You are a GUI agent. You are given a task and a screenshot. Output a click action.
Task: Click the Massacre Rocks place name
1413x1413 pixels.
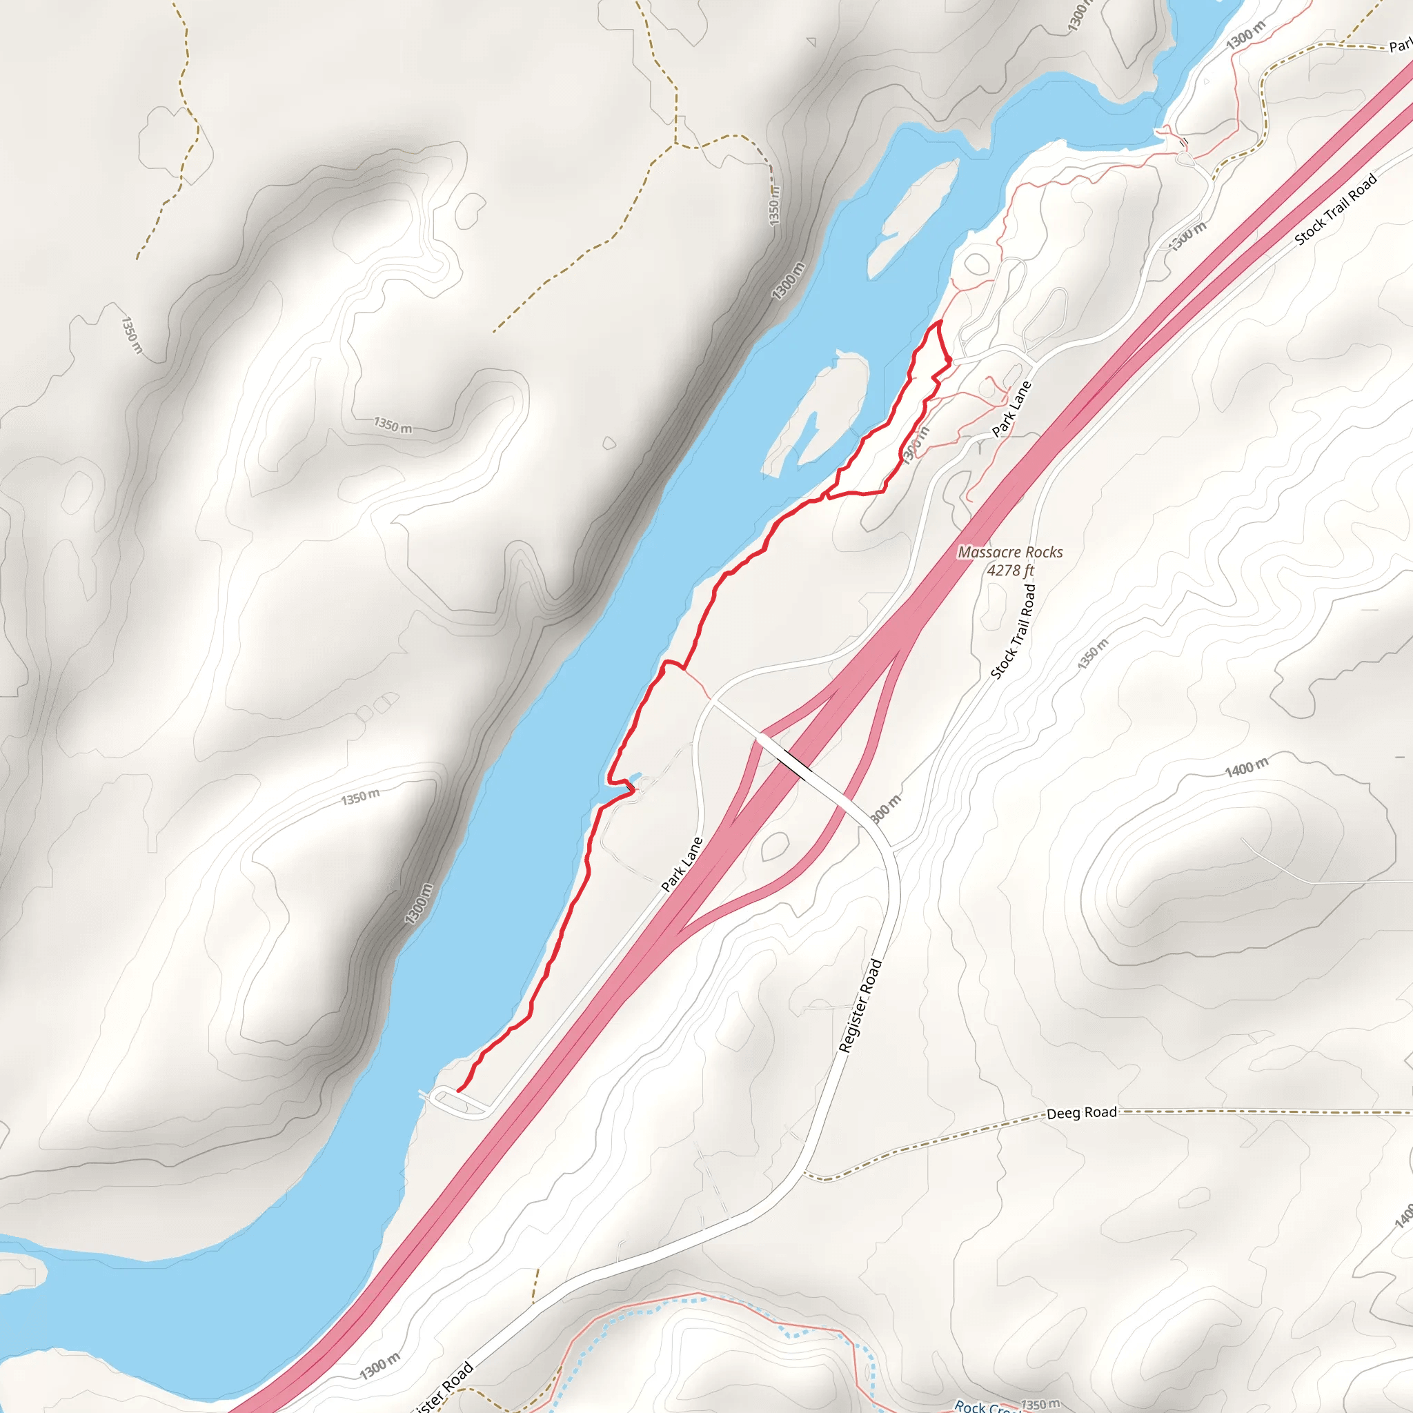pyautogui.click(x=1010, y=552)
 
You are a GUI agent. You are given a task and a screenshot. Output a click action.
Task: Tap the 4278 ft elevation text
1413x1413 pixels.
pyautogui.click(x=1010, y=571)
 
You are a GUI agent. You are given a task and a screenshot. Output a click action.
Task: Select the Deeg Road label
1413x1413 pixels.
pyautogui.click(x=1081, y=1113)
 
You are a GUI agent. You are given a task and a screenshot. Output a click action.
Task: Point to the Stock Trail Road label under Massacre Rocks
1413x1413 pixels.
pyautogui.click(x=1013, y=631)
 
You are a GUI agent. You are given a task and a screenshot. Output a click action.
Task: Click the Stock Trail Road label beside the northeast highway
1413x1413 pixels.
pyautogui.click(x=1336, y=209)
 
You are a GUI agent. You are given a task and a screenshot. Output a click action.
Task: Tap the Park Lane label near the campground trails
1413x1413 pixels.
pyautogui.click(x=1011, y=409)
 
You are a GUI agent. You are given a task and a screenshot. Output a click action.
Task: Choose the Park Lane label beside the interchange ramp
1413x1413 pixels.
pyautogui.click(x=682, y=864)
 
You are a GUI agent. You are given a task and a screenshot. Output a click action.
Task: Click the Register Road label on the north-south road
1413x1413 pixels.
pyautogui.click(x=860, y=1006)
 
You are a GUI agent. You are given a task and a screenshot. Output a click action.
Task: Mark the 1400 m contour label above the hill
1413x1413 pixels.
pyautogui.click(x=1246, y=767)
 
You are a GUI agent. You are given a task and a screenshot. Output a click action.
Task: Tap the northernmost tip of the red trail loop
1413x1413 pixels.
pyautogui.click(x=938, y=321)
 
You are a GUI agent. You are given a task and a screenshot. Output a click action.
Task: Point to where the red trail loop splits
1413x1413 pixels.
pyautogui.click(x=827, y=497)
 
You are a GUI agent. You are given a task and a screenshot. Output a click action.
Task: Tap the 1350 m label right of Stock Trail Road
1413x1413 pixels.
pyautogui.click(x=1092, y=653)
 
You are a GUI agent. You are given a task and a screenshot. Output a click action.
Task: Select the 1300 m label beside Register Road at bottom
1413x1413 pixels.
pyautogui.click(x=379, y=1365)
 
